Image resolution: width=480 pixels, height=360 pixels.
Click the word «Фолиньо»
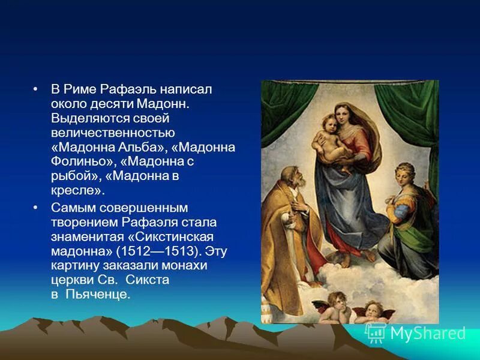77,161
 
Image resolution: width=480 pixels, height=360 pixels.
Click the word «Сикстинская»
180,236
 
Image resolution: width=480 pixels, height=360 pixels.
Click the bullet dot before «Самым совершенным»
37,208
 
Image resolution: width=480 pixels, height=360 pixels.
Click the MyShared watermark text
427,333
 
